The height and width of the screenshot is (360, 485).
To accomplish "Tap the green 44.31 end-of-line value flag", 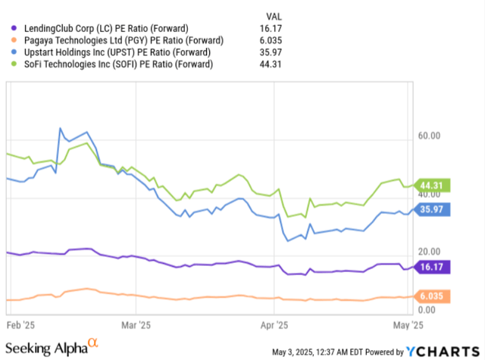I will [434, 185].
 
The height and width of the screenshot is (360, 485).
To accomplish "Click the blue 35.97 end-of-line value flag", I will [434, 208].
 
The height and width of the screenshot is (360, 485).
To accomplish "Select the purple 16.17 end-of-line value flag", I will [434, 266].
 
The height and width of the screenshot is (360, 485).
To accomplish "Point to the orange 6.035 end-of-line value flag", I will [434, 296].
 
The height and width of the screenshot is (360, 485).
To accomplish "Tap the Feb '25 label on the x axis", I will [20, 324].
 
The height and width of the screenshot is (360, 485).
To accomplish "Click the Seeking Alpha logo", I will [52, 347].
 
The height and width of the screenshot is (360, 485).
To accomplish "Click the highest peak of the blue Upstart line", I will [60, 129].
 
